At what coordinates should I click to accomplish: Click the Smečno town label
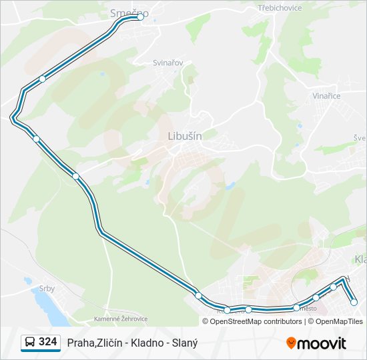tap(128, 12)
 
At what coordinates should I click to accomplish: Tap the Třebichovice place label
tap(280, 8)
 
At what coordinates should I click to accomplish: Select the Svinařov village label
tap(168, 62)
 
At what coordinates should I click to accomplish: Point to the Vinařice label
tap(326, 96)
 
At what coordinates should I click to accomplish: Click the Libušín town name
tap(181, 135)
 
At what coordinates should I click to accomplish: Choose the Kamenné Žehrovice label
tap(121, 319)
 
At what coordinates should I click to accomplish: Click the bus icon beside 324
tap(30, 343)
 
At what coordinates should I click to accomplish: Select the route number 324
tap(47, 342)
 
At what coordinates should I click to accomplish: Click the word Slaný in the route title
tap(184, 343)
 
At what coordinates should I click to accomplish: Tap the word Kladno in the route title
tap(142, 343)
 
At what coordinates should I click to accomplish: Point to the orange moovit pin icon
tap(291, 343)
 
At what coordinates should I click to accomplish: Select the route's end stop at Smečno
tap(141, 18)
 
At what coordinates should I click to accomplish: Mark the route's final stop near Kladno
tap(354, 302)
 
